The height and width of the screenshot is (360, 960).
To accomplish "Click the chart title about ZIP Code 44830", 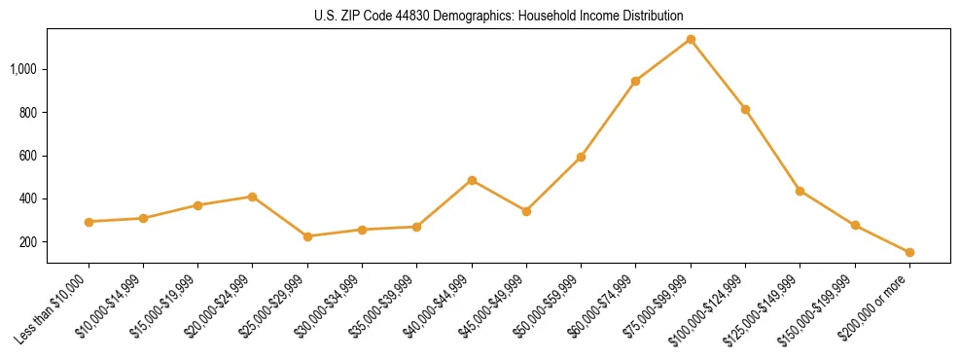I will coord(499,17).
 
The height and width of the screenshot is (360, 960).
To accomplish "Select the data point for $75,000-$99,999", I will coord(691,39).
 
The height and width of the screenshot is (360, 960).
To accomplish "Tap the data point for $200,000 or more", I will coord(909,252).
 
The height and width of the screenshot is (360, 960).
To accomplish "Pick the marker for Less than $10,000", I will coord(89,222).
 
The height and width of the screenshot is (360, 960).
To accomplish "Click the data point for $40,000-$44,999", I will coord(472,180).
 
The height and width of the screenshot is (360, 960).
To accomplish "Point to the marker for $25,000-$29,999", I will coord(307,236).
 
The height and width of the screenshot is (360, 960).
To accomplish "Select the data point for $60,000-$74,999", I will coord(635,81).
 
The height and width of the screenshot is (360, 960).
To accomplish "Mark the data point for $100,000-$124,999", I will coord(745,109).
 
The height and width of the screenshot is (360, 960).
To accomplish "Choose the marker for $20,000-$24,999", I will coord(252,197).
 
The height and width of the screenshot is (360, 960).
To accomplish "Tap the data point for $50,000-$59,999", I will coord(581,157).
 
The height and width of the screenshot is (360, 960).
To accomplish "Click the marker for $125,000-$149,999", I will coord(800,191).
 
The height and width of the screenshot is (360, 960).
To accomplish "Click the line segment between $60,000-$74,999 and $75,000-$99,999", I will coord(663,60).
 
